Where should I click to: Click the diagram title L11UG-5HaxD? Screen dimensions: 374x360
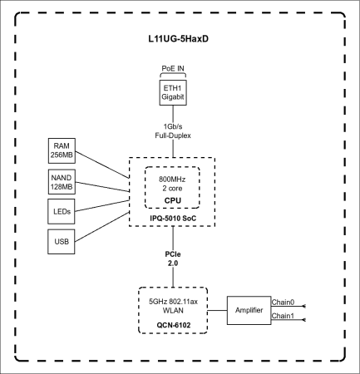(179, 39)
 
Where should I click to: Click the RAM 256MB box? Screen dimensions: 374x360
(62, 150)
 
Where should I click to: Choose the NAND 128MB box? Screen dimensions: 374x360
(62, 180)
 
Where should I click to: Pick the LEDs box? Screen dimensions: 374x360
(62, 211)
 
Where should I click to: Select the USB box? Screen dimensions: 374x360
(62, 242)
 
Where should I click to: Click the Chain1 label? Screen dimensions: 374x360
(284, 317)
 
